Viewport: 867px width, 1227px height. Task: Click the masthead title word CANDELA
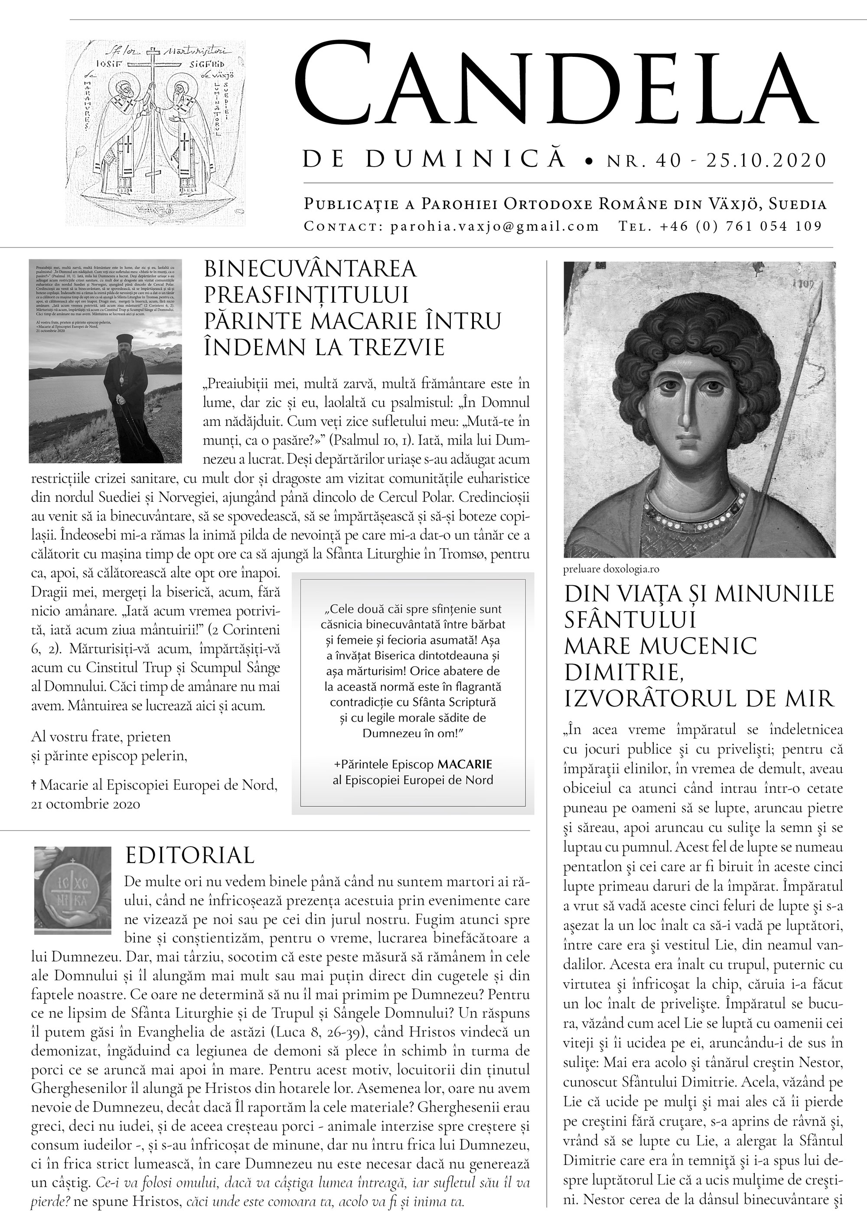pyautogui.click(x=556, y=85)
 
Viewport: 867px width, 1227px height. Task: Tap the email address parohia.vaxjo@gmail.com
pyautogui.click(x=495, y=226)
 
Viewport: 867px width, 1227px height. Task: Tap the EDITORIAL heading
pyautogui.click(x=189, y=855)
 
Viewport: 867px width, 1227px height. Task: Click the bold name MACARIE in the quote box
pyautogui.click(x=465, y=764)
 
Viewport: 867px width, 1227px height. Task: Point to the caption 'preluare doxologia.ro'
pyautogui.click(x=611, y=569)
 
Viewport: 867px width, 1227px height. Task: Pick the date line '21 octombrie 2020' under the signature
pyautogui.click(x=85, y=804)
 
